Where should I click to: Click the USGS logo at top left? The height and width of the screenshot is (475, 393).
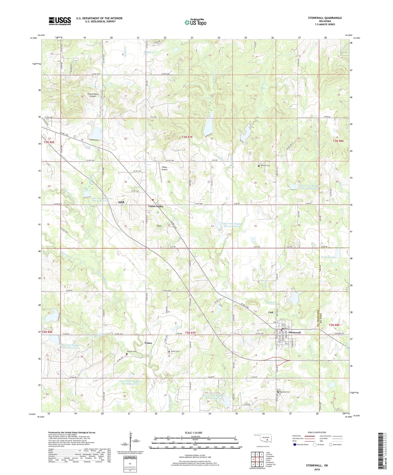pos(60,21)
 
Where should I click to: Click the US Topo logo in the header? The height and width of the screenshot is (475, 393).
pos(195,23)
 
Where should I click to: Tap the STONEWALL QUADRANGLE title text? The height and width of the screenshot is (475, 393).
pos(325,18)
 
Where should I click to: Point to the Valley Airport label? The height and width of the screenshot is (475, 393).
pos(164,168)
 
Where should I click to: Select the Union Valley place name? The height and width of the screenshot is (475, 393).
pos(156,206)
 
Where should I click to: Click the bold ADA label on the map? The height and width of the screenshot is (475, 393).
pos(121,202)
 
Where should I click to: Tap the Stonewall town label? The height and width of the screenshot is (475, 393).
pos(295,332)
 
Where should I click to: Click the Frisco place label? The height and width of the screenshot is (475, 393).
pos(148,343)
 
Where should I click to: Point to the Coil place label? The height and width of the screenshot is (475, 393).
pos(271,312)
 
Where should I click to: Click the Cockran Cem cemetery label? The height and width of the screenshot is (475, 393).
pos(132,351)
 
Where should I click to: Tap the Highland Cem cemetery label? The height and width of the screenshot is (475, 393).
pos(285,392)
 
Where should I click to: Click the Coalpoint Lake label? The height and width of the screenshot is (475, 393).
pos(328,257)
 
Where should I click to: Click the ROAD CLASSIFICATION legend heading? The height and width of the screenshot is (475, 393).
pos(317,432)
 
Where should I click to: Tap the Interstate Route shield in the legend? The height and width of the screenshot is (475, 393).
pos(295,445)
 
